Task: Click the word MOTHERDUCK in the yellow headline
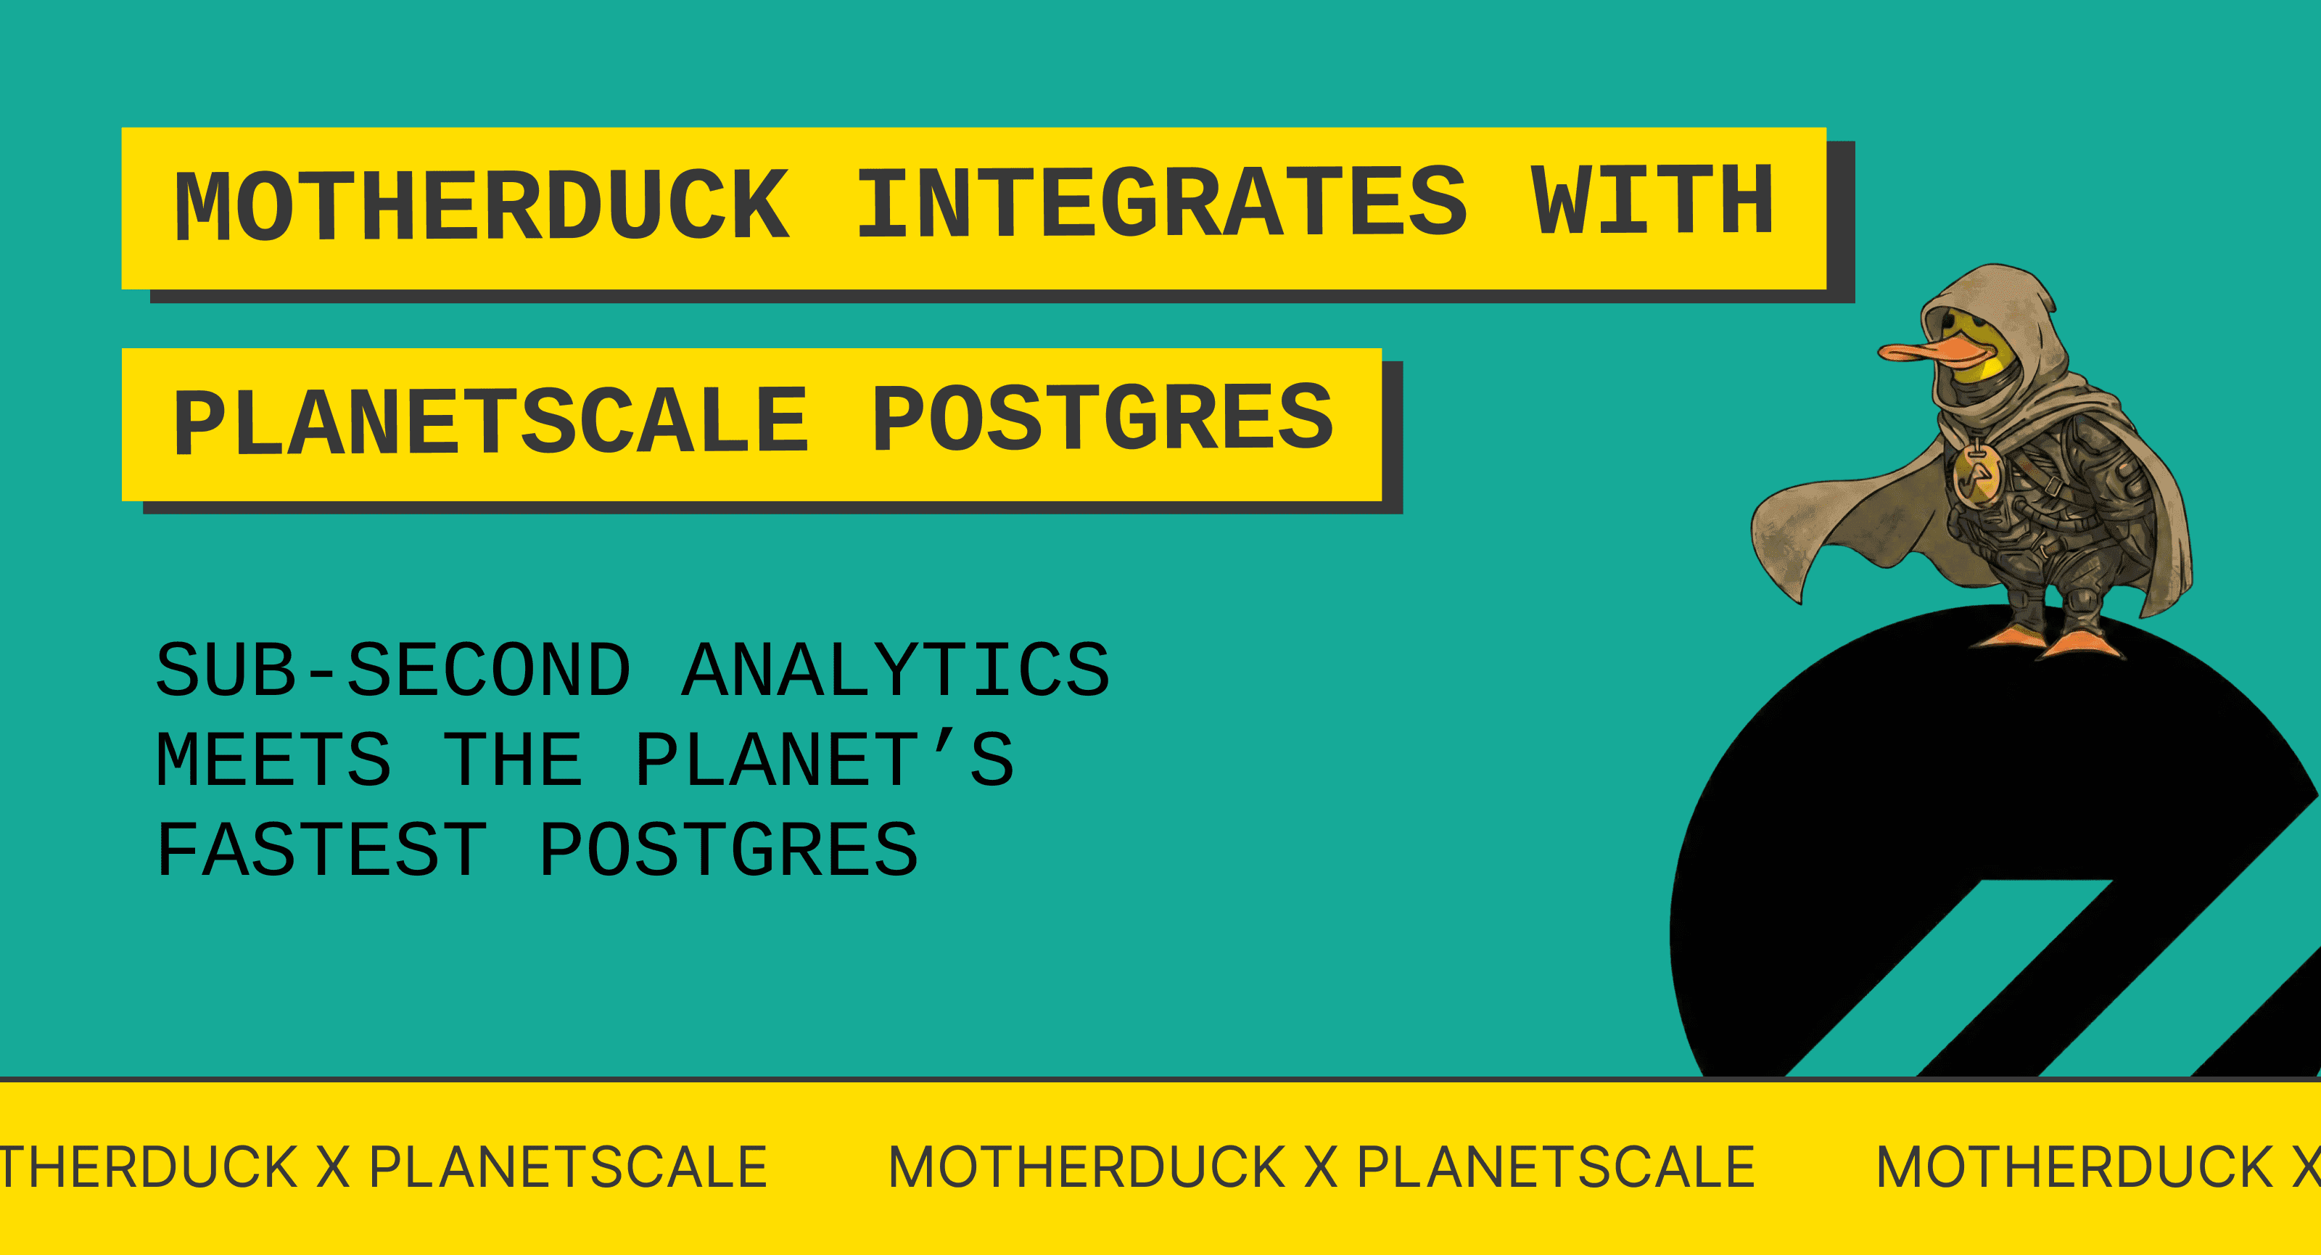coord(482,205)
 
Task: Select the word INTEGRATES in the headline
coord(1161,204)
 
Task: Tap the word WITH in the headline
coord(1652,202)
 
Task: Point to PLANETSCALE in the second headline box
coord(491,421)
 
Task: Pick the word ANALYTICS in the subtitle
coord(896,670)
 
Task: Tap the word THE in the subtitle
coord(513,760)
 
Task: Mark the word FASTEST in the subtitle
coord(321,849)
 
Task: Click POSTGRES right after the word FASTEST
coord(728,849)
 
